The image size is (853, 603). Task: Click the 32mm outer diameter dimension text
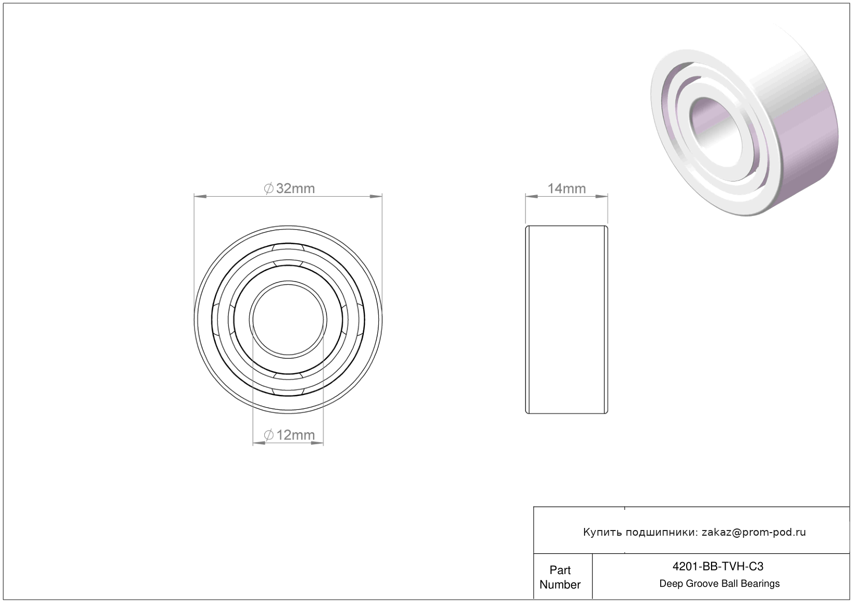(x=295, y=188)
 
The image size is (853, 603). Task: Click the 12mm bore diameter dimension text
(x=295, y=435)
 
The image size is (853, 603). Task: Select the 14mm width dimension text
(x=566, y=188)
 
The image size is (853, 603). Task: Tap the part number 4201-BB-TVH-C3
(x=718, y=566)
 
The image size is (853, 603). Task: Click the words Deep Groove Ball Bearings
(x=719, y=584)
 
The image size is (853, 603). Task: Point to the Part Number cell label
(x=560, y=577)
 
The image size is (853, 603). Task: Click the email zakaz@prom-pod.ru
(x=754, y=532)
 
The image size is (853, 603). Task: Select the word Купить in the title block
(x=602, y=532)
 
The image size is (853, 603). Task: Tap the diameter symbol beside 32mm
(x=269, y=188)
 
